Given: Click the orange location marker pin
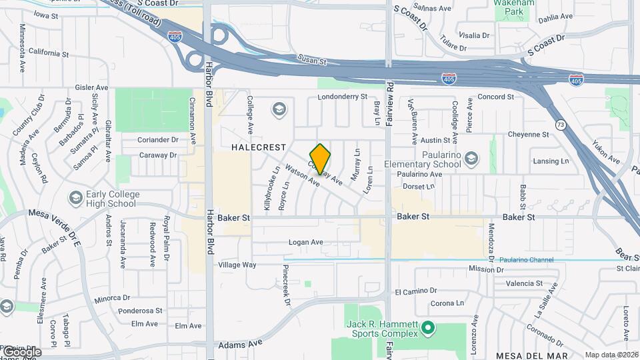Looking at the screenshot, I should (320, 159).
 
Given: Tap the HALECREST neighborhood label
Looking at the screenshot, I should (259, 147).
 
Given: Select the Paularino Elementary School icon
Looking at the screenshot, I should (472, 158).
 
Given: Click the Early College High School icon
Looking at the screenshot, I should (75, 198).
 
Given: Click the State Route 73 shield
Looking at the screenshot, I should (560, 124).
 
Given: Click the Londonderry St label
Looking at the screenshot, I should (343, 97).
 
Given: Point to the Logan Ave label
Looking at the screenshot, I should (305, 242).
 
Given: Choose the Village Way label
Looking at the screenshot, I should (237, 265).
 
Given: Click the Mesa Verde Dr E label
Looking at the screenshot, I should (53, 223).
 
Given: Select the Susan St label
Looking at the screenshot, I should (312, 61).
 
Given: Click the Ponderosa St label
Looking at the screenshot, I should (140, 310).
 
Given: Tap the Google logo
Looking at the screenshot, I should (21, 351).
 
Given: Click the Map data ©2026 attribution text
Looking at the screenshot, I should (611, 355).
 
